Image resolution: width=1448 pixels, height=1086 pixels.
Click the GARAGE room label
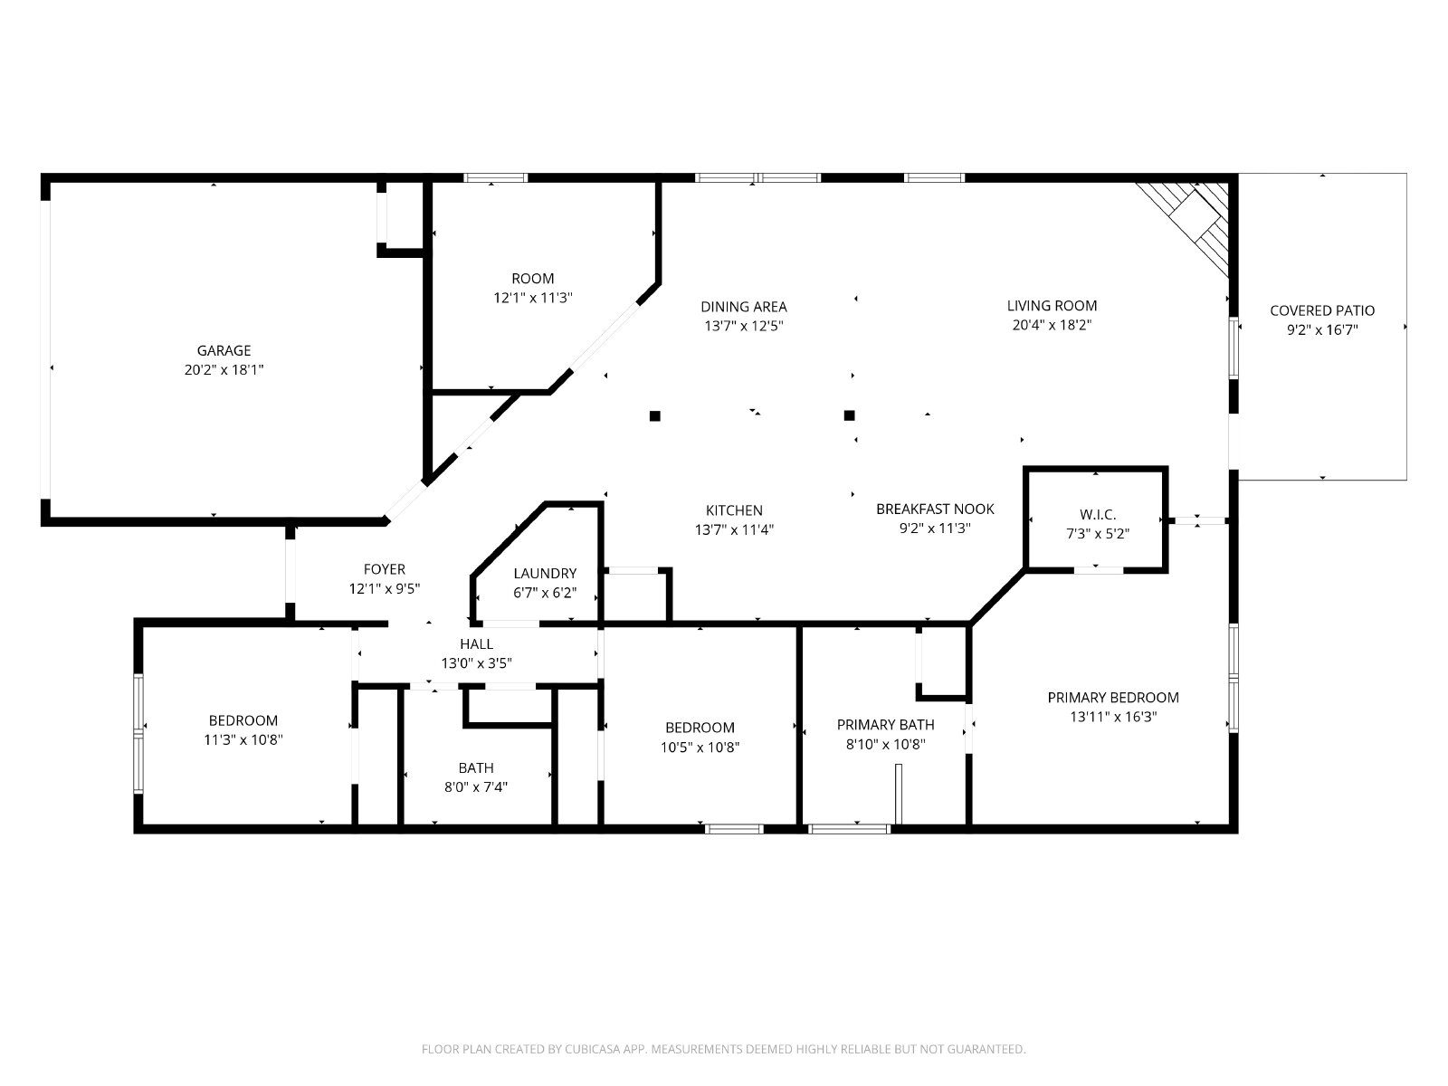[x=224, y=350]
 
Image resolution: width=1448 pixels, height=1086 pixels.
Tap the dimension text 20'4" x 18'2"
[x=1052, y=325]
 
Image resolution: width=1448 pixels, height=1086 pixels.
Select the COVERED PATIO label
[x=1322, y=310]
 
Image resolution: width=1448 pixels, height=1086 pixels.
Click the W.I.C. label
[x=1098, y=514]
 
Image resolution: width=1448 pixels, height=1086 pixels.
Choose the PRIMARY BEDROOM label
[x=1113, y=697]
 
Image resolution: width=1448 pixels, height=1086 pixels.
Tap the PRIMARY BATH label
[x=885, y=725]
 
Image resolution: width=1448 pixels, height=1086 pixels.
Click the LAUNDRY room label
[x=545, y=573]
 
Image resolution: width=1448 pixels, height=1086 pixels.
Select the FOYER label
[x=384, y=569]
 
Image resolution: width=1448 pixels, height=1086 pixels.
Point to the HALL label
[x=476, y=643]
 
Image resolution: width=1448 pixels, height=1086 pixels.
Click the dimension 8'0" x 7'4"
[x=476, y=786]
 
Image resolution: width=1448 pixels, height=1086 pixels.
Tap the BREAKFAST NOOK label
[x=935, y=509]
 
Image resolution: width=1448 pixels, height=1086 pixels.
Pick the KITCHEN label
[x=734, y=510]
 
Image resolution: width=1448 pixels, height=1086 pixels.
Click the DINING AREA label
[x=744, y=307]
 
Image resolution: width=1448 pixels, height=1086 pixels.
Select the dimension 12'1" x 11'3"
[x=532, y=298]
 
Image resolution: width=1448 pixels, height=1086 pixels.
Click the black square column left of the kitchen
[x=654, y=415]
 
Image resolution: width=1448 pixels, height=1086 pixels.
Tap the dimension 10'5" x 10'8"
[x=700, y=748]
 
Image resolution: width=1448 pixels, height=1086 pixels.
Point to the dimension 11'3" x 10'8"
[x=243, y=739]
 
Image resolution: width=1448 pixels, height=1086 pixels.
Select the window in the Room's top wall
[x=495, y=177]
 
